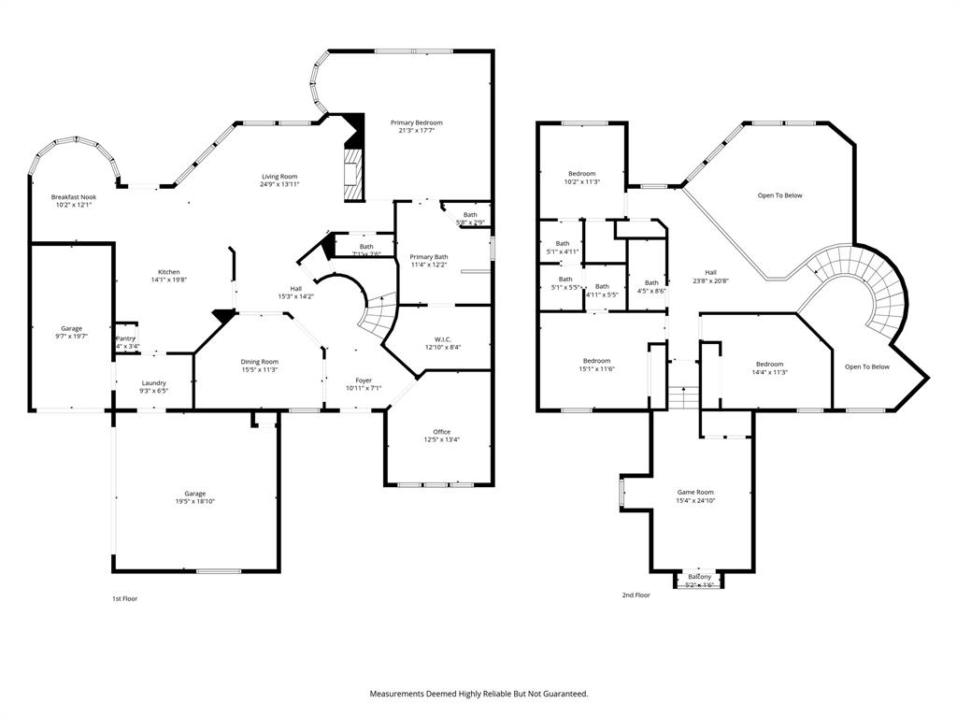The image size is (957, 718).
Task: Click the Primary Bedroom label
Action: (x=416, y=122)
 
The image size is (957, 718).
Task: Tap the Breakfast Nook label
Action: (x=74, y=197)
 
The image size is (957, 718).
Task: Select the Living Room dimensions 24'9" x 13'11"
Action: (x=279, y=184)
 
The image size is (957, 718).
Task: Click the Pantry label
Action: (x=125, y=338)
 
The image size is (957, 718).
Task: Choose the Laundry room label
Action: (x=154, y=382)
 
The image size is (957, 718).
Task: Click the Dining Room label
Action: (x=260, y=362)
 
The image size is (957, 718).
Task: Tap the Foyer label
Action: (x=364, y=381)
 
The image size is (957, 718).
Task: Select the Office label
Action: (x=441, y=432)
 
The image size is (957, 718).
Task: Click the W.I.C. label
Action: (x=442, y=338)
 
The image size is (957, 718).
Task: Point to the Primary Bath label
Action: (x=429, y=257)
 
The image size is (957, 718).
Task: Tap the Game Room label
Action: (x=695, y=492)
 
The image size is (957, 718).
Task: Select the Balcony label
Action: (x=700, y=577)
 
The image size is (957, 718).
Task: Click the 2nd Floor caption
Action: (x=636, y=595)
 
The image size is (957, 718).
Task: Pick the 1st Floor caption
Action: (x=124, y=598)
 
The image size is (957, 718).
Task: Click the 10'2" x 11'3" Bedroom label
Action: (x=583, y=174)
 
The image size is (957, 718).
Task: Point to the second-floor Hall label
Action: (x=710, y=272)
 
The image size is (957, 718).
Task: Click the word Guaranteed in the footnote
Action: (x=559, y=694)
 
